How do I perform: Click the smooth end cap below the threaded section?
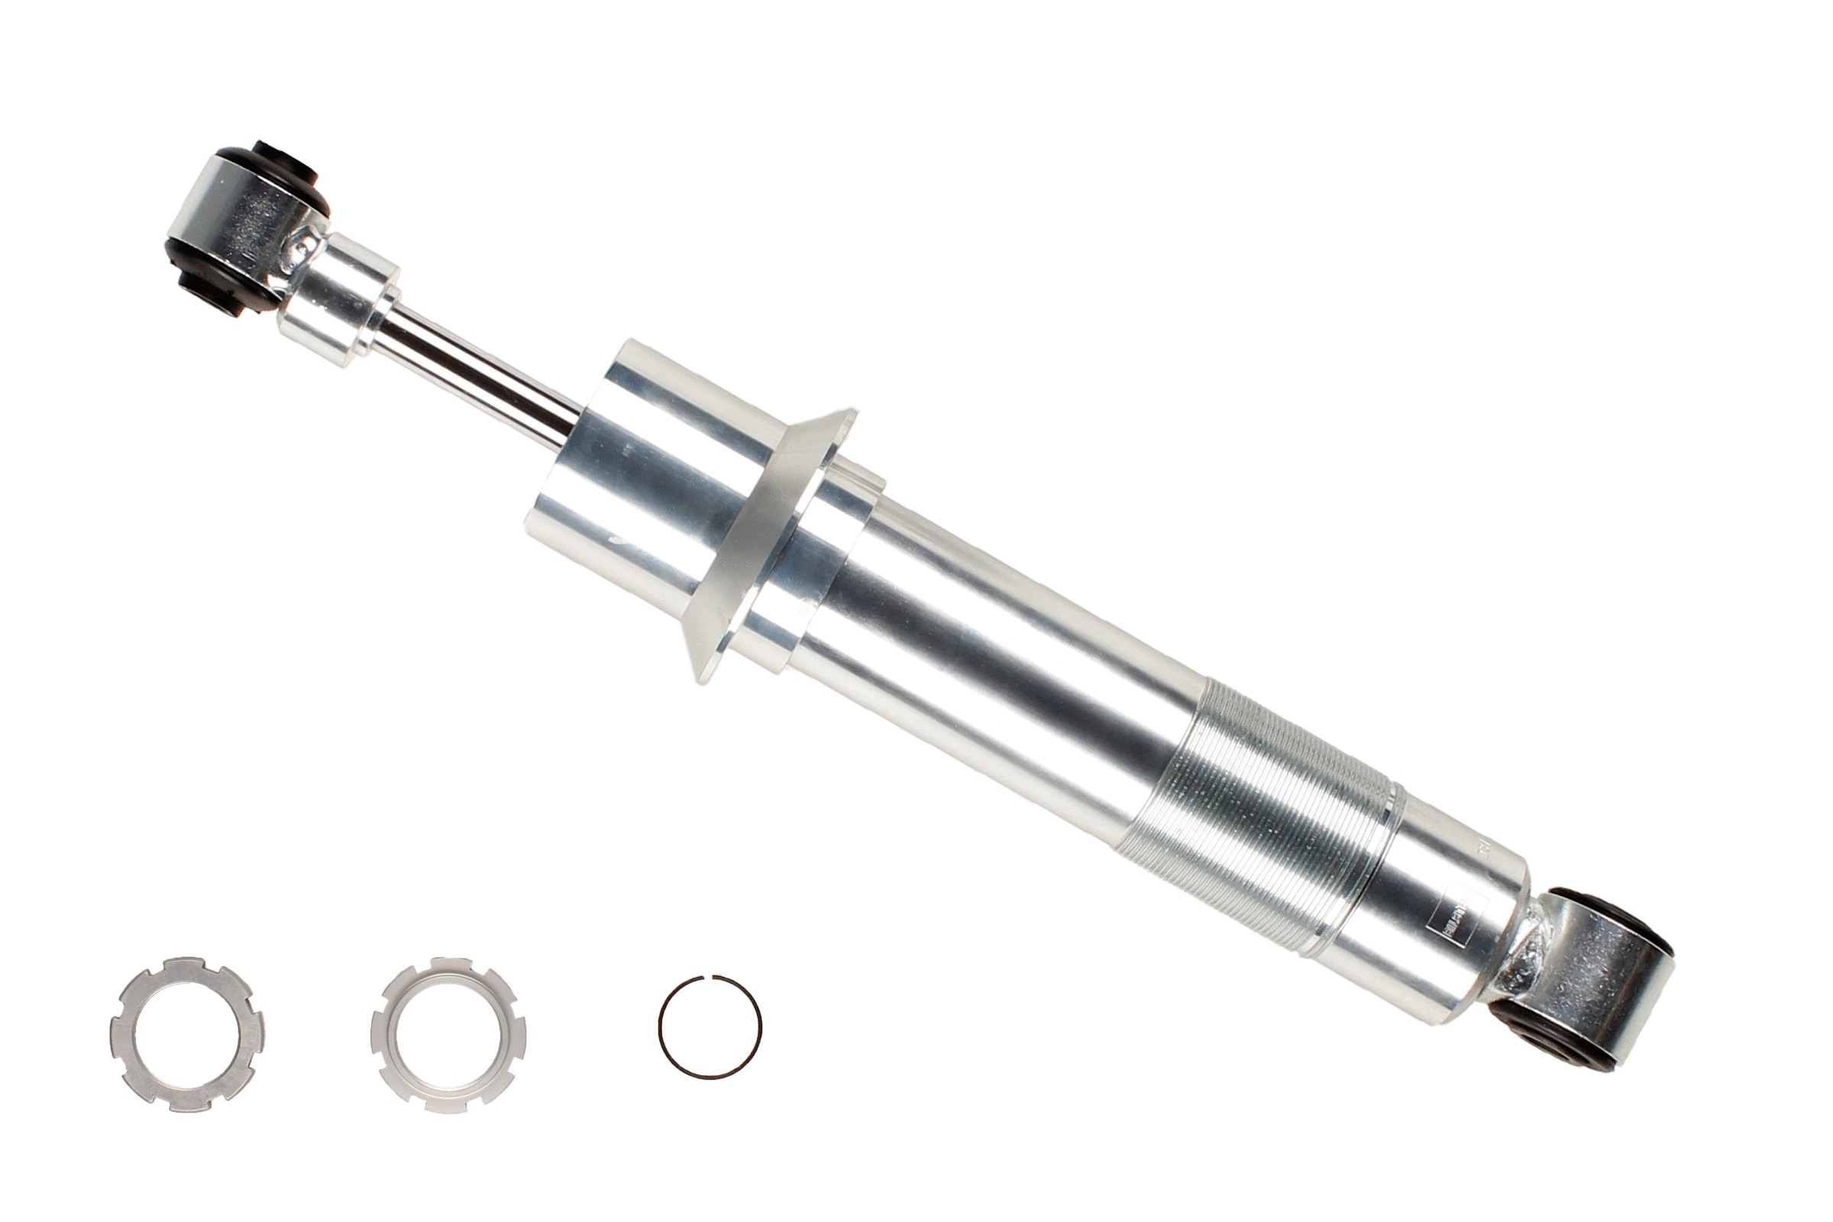pos(1426,904)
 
